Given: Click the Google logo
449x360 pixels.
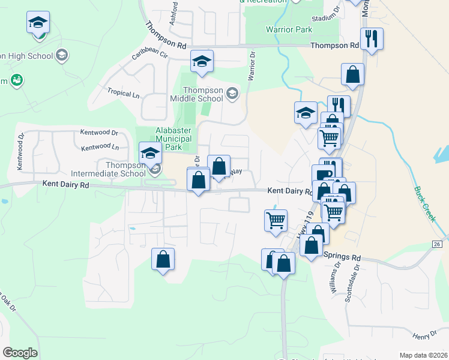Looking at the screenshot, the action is coord(20,353).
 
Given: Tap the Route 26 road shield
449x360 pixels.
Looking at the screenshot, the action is coord(437,244).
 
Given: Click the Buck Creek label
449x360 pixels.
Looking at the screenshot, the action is coord(424,204).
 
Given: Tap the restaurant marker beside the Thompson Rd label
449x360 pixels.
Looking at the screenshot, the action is coord(372,39).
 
